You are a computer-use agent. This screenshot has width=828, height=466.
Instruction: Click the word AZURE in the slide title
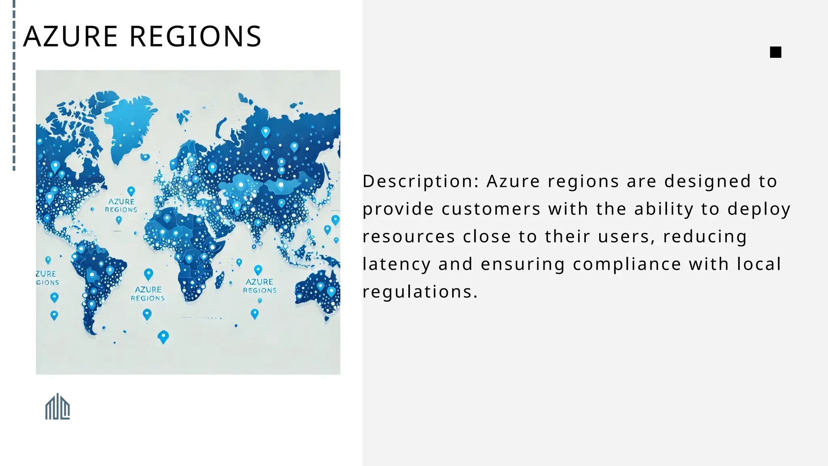(70, 36)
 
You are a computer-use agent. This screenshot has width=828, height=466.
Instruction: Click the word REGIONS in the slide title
(195, 36)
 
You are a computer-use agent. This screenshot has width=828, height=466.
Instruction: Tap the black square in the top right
(775, 52)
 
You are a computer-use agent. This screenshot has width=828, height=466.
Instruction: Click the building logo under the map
(57, 407)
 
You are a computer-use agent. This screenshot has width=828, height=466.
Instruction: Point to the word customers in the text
(491, 209)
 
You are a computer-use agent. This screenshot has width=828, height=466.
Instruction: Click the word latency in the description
(396, 264)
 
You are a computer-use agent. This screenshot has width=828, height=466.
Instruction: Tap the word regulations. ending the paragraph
(420, 292)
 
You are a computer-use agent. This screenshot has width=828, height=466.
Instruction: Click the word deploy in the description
(758, 209)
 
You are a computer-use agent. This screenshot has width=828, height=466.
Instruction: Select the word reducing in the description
(705, 237)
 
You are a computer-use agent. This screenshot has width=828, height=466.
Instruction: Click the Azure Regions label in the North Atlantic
(121, 205)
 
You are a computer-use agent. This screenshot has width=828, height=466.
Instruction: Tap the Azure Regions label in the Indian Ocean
(260, 286)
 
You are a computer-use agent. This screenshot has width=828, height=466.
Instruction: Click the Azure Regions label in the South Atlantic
(148, 294)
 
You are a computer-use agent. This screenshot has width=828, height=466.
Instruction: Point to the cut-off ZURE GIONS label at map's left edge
(46, 278)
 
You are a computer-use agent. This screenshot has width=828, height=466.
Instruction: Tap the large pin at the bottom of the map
(163, 337)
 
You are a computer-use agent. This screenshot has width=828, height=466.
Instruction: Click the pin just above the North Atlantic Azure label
(131, 191)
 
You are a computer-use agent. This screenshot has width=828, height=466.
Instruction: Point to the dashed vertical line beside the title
(14, 85)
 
